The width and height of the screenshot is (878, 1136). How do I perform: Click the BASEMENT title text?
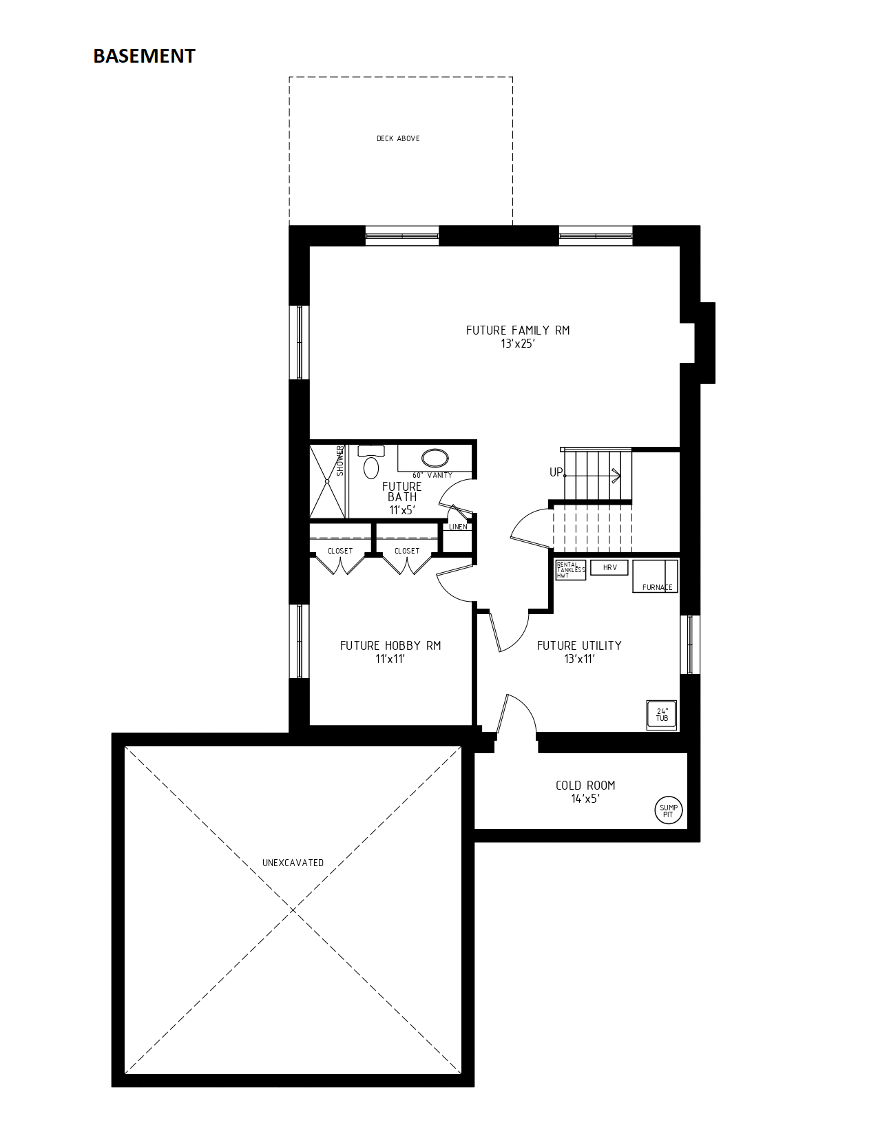pyautogui.click(x=144, y=56)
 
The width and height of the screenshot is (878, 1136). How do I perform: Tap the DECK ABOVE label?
pyautogui.click(x=398, y=138)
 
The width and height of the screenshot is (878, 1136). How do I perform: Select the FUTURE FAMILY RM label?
pyautogui.click(x=518, y=330)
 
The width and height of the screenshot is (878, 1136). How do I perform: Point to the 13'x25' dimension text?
pyautogui.click(x=518, y=344)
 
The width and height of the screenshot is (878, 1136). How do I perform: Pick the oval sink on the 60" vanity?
pyautogui.click(x=435, y=457)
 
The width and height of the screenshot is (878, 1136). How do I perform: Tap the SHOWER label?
pyautogui.click(x=340, y=461)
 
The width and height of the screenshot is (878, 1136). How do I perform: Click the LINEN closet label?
pyautogui.click(x=458, y=527)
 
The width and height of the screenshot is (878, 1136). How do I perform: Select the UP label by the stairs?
pyautogui.click(x=556, y=472)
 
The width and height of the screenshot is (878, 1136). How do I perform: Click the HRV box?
pyautogui.click(x=609, y=567)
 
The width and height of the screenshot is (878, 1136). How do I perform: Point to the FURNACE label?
pyautogui.click(x=658, y=587)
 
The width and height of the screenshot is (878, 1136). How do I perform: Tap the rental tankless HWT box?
pyautogui.click(x=570, y=570)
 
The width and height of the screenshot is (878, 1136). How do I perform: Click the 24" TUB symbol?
pyautogui.click(x=662, y=715)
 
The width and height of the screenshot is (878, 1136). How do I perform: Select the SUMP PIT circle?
pyautogui.click(x=668, y=811)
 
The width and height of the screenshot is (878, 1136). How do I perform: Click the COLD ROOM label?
pyautogui.click(x=585, y=785)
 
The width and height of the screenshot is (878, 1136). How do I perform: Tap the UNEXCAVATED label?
pyautogui.click(x=293, y=863)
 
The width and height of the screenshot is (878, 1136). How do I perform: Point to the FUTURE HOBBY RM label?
pyautogui.click(x=390, y=646)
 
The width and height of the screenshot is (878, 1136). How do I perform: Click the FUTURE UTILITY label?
pyautogui.click(x=579, y=646)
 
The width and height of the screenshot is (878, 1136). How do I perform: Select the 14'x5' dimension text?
pyautogui.click(x=585, y=799)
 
